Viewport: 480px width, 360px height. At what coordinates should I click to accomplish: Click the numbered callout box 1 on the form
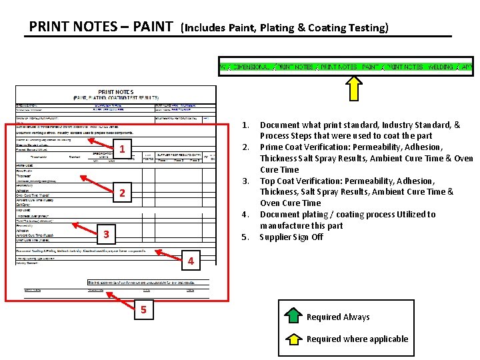[x=122, y=147]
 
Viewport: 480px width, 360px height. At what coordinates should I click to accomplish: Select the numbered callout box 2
[x=122, y=193]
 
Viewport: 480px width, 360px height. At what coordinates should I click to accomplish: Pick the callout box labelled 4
[x=191, y=261]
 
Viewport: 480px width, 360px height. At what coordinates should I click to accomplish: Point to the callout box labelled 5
[x=142, y=309]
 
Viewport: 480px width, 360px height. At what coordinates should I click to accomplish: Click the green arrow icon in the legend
[x=293, y=317]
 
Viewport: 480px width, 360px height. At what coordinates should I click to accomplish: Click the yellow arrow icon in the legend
[x=293, y=339]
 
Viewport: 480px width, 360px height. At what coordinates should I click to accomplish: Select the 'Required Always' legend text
[x=338, y=317]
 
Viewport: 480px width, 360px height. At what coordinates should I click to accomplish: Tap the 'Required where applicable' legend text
[x=357, y=339]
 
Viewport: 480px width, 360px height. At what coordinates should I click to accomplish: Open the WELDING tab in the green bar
[x=440, y=67]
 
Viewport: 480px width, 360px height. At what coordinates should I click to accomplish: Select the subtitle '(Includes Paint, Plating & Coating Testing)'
[x=285, y=28]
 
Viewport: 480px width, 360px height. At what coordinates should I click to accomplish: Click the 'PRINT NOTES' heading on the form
[x=115, y=92]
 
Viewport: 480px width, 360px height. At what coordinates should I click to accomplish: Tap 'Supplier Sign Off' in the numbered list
[x=291, y=237]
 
